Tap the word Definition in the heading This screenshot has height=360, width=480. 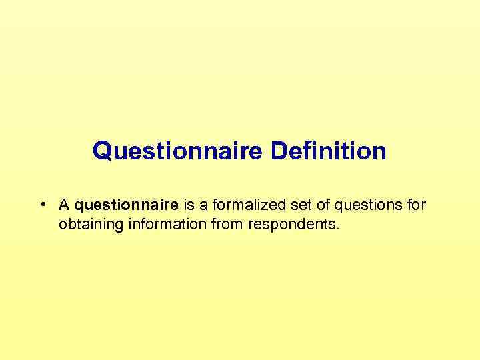(328, 151)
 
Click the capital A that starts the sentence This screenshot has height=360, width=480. (65, 205)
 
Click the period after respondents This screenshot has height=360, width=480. (338, 229)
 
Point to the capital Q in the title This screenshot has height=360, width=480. (101, 151)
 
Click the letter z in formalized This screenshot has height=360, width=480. (255, 205)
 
